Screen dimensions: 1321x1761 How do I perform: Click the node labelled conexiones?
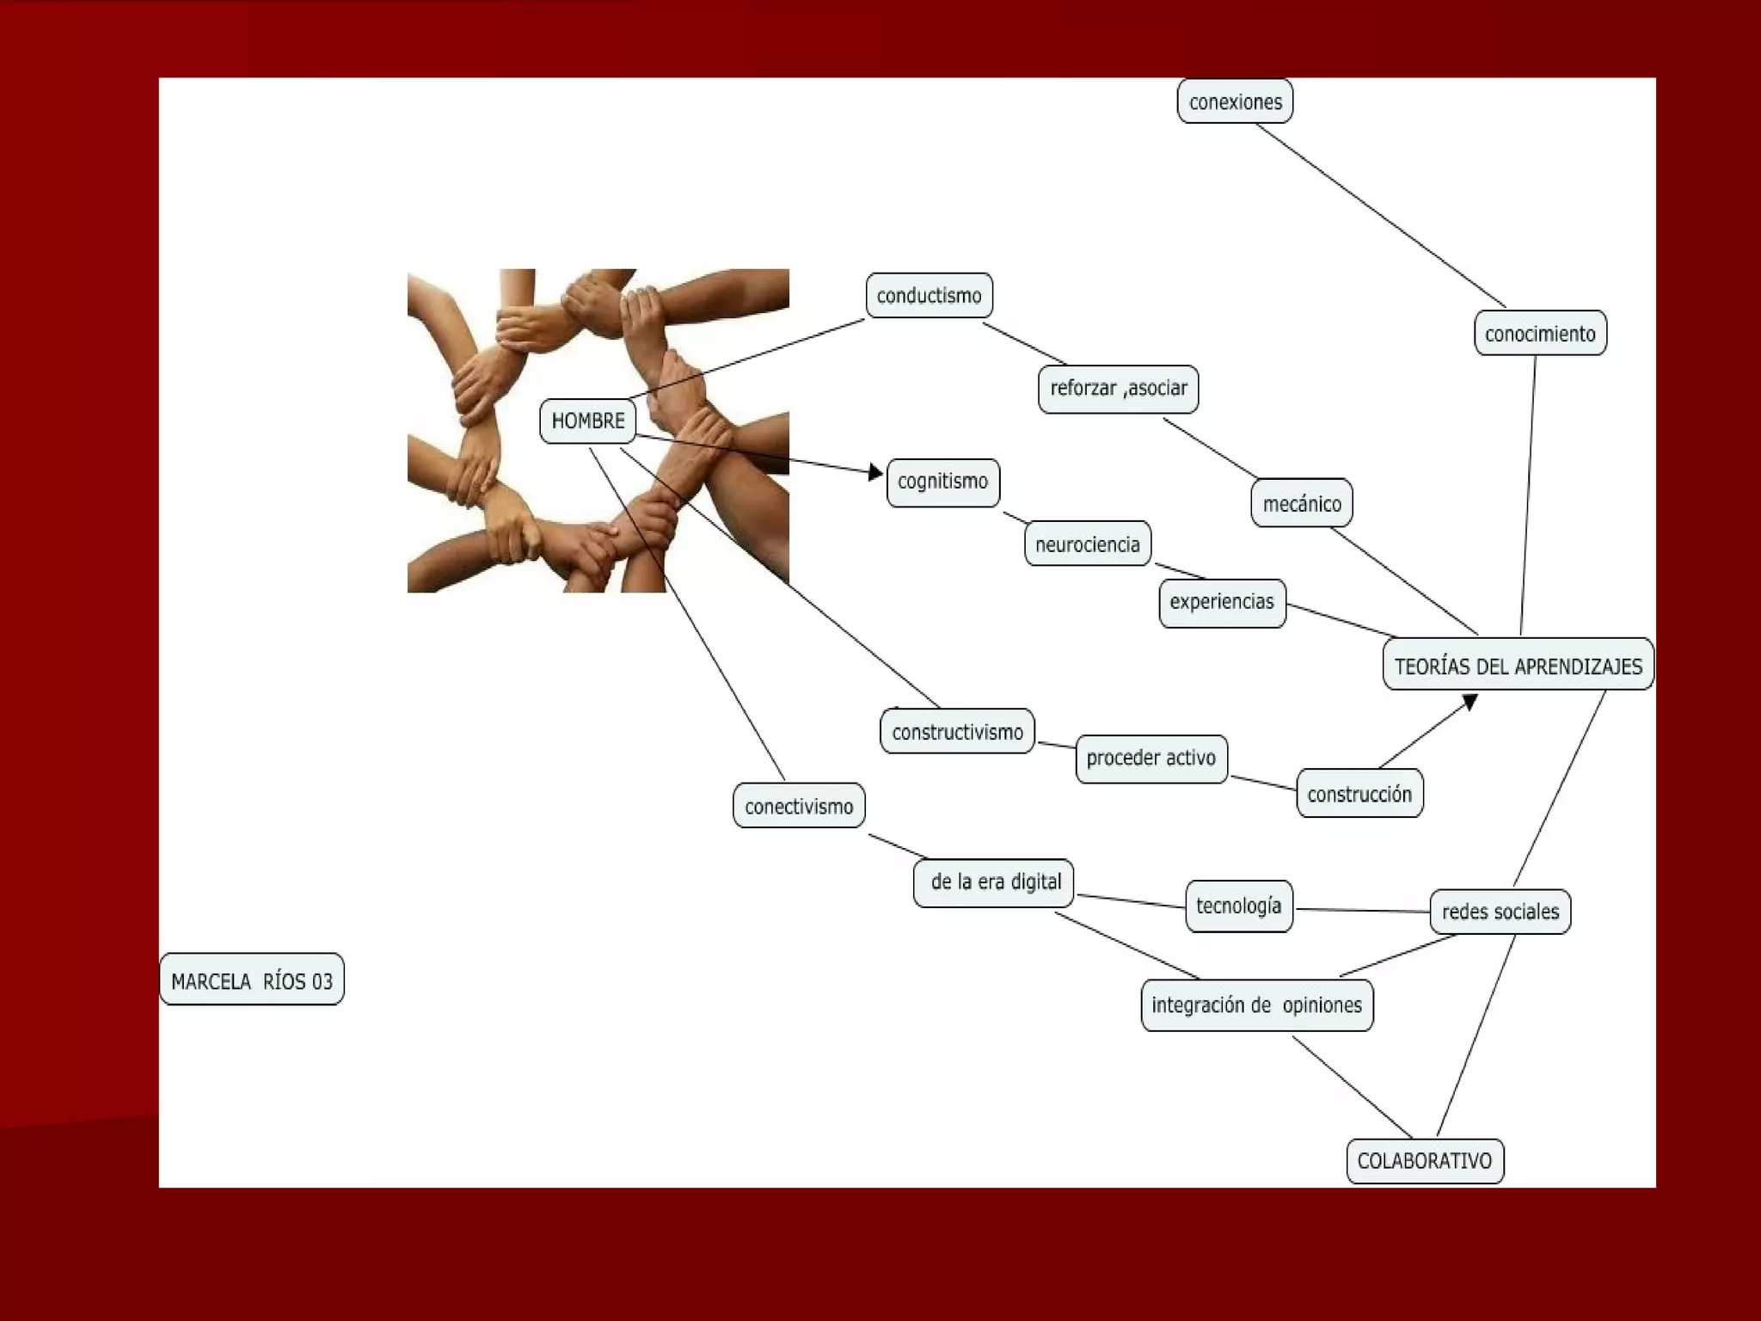click(x=1235, y=101)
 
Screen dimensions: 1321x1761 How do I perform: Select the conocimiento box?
click(x=1539, y=334)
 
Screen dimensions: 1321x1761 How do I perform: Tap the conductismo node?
click(x=929, y=296)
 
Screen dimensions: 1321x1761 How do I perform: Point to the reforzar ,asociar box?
click(x=1118, y=389)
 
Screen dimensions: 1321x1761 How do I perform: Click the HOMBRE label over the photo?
click(x=588, y=421)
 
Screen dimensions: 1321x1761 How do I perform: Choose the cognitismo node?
click(x=942, y=482)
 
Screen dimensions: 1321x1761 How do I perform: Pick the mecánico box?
click(x=1302, y=503)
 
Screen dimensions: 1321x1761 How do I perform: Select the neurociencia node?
click(x=1087, y=544)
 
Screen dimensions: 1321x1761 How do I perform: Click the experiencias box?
click(x=1222, y=602)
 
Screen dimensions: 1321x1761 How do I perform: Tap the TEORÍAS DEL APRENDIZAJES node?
click(x=1518, y=665)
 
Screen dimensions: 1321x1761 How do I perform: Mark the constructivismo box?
click(x=957, y=732)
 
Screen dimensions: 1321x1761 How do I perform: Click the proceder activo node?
click(x=1150, y=759)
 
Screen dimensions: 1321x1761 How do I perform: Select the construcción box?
click(x=1359, y=794)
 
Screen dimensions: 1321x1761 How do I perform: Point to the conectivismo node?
click(x=799, y=807)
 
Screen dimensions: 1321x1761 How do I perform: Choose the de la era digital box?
click(x=994, y=882)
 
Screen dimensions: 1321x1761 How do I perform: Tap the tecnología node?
click(x=1238, y=906)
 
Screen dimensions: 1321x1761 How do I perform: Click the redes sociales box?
click(x=1500, y=912)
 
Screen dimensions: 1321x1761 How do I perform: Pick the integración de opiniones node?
click(x=1256, y=1005)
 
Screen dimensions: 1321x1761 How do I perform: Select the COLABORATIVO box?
click(x=1424, y=1161)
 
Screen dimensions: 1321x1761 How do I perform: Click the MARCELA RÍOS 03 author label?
click(x=251, y=980)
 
